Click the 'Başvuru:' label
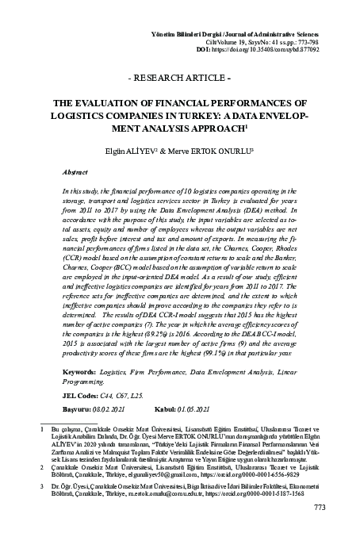[78, 411]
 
